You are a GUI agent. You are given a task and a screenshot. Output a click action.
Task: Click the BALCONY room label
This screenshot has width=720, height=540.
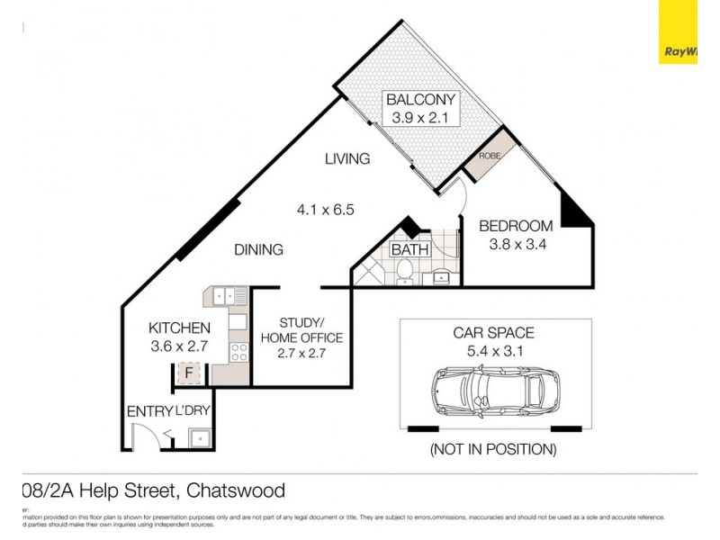click(421, 100)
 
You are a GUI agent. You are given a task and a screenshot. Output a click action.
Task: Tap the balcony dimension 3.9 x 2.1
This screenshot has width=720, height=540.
click(421, 118)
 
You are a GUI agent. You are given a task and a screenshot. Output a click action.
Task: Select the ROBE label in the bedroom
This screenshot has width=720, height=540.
click(490, 156)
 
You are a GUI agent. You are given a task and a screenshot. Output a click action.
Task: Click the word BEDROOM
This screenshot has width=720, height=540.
click(515, 226)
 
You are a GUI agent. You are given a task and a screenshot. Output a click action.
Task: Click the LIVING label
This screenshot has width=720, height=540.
click(347, 159)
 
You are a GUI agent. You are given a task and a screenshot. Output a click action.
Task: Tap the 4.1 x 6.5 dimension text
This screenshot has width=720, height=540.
click(326, 210)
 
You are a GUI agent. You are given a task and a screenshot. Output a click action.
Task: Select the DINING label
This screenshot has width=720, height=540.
click(259, 250)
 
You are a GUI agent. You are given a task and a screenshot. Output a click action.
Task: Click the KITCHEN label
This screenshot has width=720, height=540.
click(180, 328)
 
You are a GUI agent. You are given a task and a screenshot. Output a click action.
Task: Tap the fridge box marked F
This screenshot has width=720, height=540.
click(189, 372)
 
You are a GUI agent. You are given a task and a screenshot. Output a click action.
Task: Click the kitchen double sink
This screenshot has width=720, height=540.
click(229, 293)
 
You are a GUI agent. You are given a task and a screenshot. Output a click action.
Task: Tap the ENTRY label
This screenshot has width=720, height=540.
click(149, 411)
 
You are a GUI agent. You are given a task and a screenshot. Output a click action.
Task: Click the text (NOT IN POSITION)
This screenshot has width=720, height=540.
click(493, 448)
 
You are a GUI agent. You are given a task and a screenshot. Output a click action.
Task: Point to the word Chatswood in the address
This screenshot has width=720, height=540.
click(237, 490)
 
